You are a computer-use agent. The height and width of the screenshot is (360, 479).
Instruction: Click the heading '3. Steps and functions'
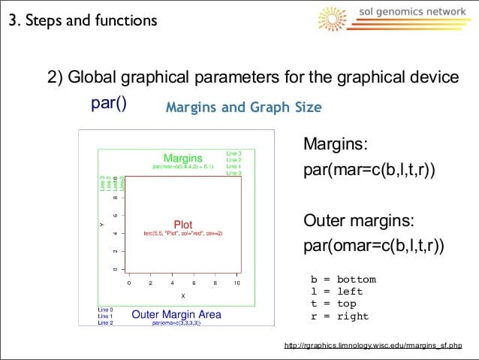pos(83,20)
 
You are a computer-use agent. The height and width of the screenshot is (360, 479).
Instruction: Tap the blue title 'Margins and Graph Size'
pos(243,107)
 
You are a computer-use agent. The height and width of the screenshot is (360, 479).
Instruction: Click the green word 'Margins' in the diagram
pos(183,158)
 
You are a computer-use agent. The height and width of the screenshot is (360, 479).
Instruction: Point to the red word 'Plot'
pos(183,225)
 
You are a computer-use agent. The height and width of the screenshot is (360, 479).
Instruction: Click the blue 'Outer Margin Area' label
pos(176,314)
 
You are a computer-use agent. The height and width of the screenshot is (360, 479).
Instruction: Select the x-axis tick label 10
pos(236,284)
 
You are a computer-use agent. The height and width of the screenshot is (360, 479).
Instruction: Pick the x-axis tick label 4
pos(172,284)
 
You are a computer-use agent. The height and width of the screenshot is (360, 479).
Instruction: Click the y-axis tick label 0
pos(115,269)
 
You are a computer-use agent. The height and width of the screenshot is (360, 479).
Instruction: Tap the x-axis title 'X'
pos(182,296)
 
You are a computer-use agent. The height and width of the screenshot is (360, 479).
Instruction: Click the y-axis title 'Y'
pos(101,224)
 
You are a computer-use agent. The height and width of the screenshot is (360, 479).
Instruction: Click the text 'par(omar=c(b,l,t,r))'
pos(373,246)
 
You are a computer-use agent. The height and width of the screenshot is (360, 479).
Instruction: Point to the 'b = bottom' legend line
pos(343,280)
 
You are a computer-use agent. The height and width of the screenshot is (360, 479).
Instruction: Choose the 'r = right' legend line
pos(340,316)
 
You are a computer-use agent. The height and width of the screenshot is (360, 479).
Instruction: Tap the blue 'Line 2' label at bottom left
pos(106,322)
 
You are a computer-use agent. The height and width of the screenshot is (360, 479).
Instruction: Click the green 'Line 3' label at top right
pos(233,153)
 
